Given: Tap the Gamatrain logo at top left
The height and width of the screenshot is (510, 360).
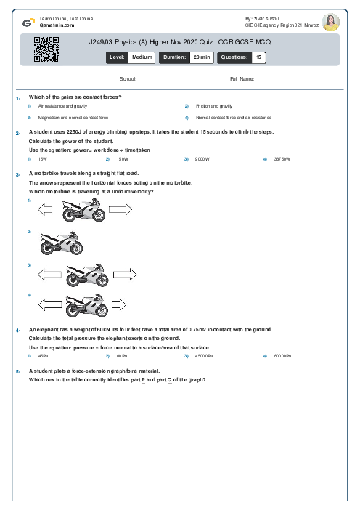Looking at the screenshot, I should click(28, 21).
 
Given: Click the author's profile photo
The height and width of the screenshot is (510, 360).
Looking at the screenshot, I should click(330, 21).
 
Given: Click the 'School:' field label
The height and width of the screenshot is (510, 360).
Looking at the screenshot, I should click(128, 78).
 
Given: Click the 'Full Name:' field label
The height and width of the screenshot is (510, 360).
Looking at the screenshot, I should click(242, 78).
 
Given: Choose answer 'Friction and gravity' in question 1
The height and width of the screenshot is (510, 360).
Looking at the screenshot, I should click(213, 106).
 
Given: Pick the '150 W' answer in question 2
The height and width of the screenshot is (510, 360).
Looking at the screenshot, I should click(122, 158).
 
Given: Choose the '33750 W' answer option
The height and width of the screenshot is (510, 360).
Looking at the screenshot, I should click(281, 158).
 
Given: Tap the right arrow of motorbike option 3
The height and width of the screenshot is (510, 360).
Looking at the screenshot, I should click(125, 275).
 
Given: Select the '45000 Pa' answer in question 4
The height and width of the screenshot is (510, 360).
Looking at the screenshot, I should click(202, 356).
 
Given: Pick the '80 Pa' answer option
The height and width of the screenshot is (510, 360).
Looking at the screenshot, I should click(122, 356).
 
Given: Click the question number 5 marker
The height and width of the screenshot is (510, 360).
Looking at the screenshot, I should click(17, 371).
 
